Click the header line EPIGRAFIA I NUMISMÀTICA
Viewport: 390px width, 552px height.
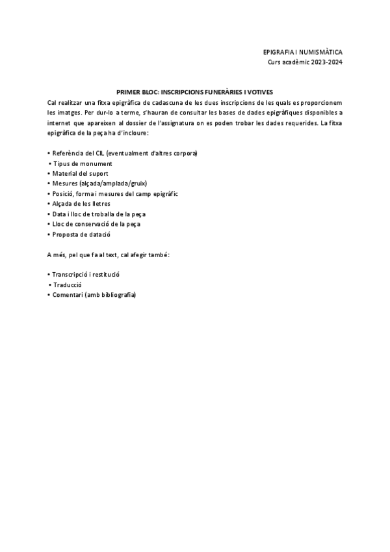302,51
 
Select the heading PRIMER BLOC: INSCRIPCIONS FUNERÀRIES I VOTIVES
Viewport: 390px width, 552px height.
195,93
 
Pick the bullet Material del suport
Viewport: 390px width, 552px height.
80,173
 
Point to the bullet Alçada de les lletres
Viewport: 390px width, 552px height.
83,204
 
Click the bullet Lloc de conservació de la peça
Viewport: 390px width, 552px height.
96,224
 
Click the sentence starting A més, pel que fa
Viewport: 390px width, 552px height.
109,255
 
